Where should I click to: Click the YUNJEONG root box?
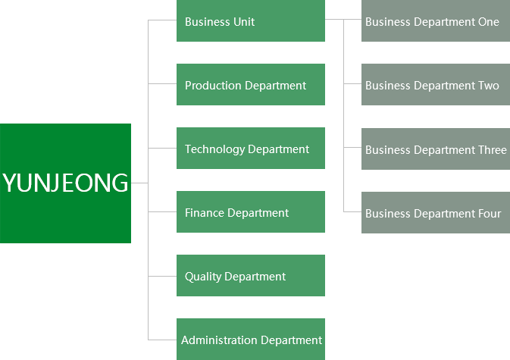[65, 183]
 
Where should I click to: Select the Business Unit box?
[251, 21]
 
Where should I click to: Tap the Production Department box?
[251, 85]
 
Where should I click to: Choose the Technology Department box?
[251, 149]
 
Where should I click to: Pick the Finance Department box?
[251, 212]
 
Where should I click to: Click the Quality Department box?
[251, 276]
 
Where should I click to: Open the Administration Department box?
[251, 340]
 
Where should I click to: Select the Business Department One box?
[435, 21]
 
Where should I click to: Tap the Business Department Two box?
[435, 85]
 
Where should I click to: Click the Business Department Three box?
[435, 149]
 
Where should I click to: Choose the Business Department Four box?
[435, 213]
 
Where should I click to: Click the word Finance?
[205, 213]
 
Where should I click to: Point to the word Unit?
[242, 22]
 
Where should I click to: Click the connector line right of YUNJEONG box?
[136, 183]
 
